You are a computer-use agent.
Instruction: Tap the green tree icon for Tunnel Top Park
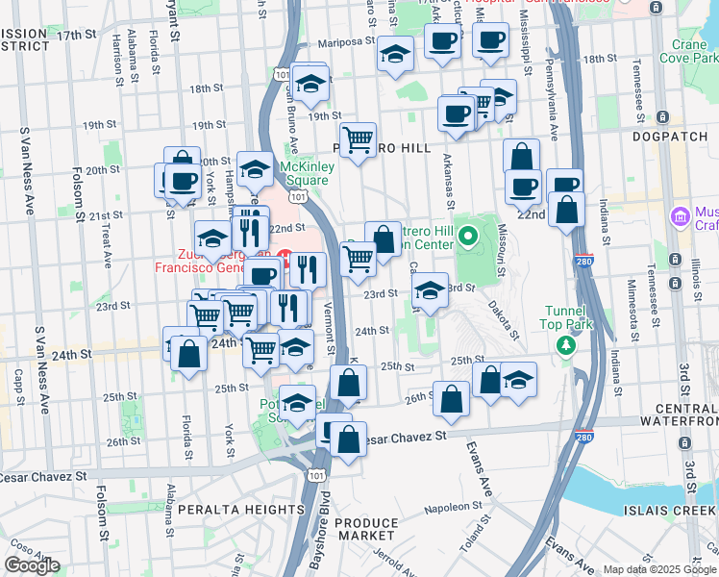pos(568,344)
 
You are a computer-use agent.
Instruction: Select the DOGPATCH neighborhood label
pos(670,137)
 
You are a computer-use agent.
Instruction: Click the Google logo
pos(32,565)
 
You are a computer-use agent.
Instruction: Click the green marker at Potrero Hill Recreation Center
pos(467,235)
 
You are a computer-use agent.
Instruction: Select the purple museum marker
pos(682,215)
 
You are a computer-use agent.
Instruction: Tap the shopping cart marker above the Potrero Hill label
pos(358,140)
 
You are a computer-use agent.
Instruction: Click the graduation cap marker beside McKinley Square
pos(255,170)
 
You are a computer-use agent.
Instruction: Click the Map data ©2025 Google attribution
pos(658,568)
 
